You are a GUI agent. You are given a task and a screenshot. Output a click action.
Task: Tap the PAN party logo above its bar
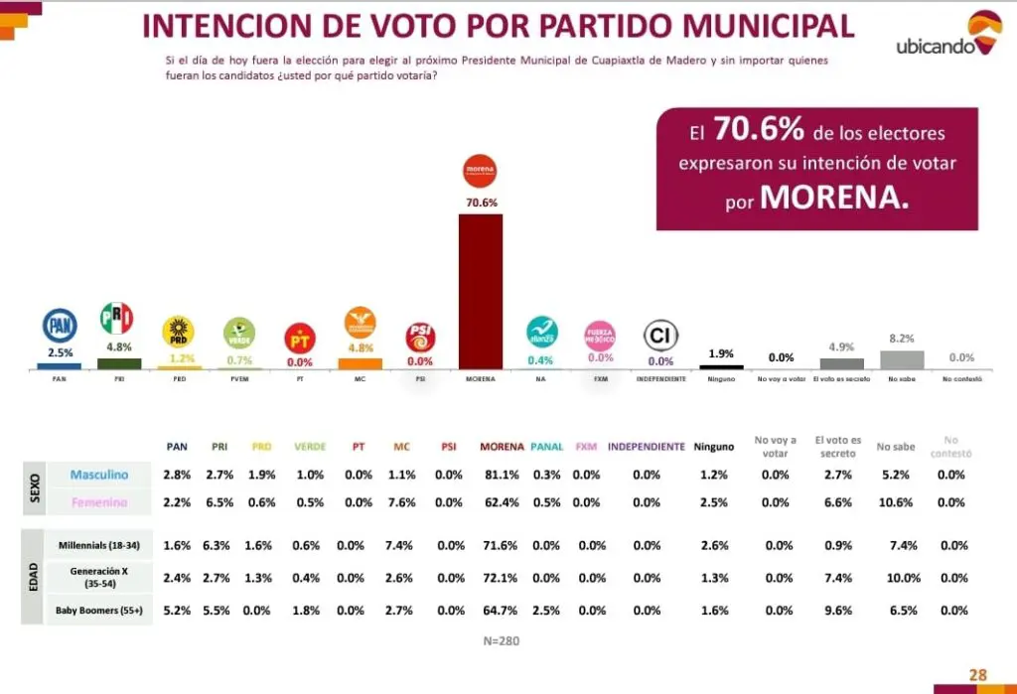click(60, 326)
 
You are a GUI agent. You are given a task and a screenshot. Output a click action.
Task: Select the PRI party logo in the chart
click(116, 319)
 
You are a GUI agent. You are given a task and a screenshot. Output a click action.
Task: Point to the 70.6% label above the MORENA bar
click(481, 203)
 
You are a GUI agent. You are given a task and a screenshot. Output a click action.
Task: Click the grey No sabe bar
click(902, 359)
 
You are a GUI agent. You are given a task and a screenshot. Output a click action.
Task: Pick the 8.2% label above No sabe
click(902, 339)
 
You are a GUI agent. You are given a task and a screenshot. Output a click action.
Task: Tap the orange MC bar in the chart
click(360, 363)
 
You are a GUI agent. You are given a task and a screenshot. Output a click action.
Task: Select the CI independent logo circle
click(660, 335)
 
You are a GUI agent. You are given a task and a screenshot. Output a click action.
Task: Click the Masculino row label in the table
click(99, 476)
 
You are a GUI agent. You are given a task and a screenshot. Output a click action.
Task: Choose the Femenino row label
click(99, 502)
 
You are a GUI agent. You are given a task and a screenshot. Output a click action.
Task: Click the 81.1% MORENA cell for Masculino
click(502, 476)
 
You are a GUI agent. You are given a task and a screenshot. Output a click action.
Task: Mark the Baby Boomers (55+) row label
click(99, 610)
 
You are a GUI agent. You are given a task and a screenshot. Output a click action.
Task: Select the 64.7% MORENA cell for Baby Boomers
click(502, 610)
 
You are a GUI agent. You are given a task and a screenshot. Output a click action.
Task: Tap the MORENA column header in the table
click(502, 447)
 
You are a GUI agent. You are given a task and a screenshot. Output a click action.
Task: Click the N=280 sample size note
click(502, 640)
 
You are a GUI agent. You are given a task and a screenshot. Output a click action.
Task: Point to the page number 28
click(978, 675)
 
